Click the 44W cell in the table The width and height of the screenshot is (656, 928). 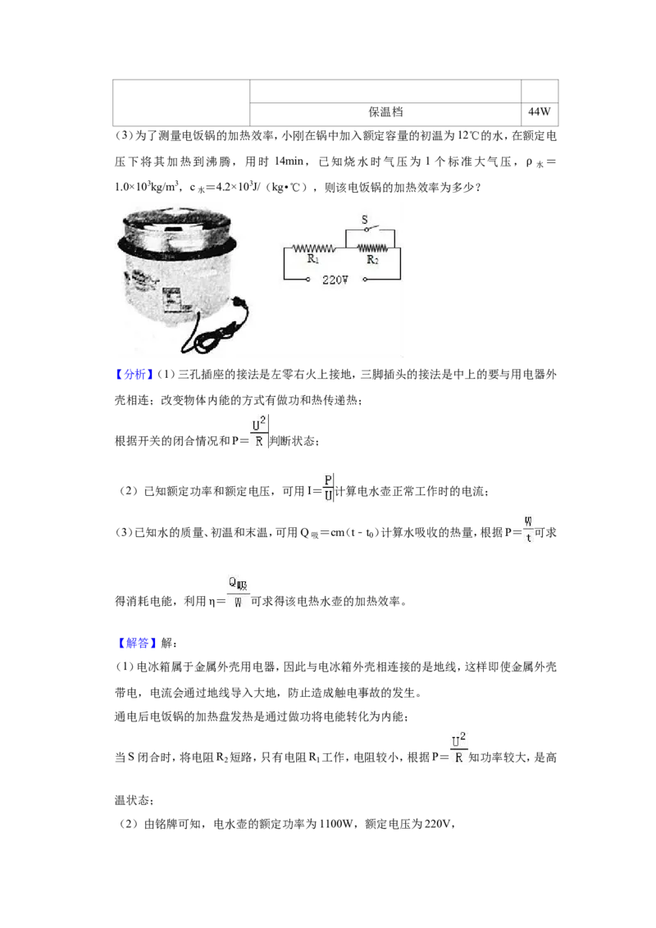[x=540, y=111]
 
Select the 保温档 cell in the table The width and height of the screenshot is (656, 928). [x=385, y=111]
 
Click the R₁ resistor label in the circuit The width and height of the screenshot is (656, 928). [x=312, y=258]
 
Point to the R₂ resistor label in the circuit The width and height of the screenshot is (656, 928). [x=372, y=259]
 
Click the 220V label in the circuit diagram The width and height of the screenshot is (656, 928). [x=335, y=280]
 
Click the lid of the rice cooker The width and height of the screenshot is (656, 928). [x=176, y=224]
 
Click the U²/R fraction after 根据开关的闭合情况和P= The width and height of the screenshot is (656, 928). [x=259, y=432]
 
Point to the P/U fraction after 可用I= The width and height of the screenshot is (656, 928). [x=328, y=488]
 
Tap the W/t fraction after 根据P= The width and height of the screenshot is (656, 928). [x=528, y=530]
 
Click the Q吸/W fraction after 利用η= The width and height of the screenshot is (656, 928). [x=238, y=593]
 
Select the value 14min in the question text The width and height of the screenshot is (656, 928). [x=289, y=161]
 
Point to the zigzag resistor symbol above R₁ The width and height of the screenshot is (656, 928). [x=314, y=248]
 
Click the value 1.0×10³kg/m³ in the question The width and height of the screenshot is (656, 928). [x=147, y=187]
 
